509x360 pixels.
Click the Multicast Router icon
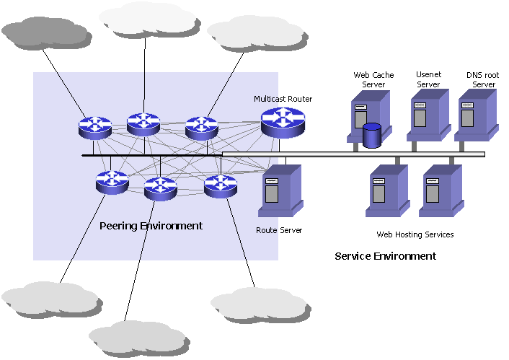coord(283,123)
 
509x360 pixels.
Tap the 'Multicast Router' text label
coord(283,98)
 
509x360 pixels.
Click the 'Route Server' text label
coord(279,230)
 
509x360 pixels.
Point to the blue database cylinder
coord(371,136)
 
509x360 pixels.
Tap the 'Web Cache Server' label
coord(370,79)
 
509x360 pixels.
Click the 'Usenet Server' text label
coord(428,79)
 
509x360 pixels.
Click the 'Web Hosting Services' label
coord(415,234)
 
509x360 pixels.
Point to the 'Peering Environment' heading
coord(151,226)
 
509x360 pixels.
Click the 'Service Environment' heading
coord(385,256)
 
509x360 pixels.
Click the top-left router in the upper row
coord(95,128)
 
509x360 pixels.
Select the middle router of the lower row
coord(160,188)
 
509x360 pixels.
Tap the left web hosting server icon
coord(386,191)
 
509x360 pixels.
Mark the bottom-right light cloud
coord(260,304)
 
